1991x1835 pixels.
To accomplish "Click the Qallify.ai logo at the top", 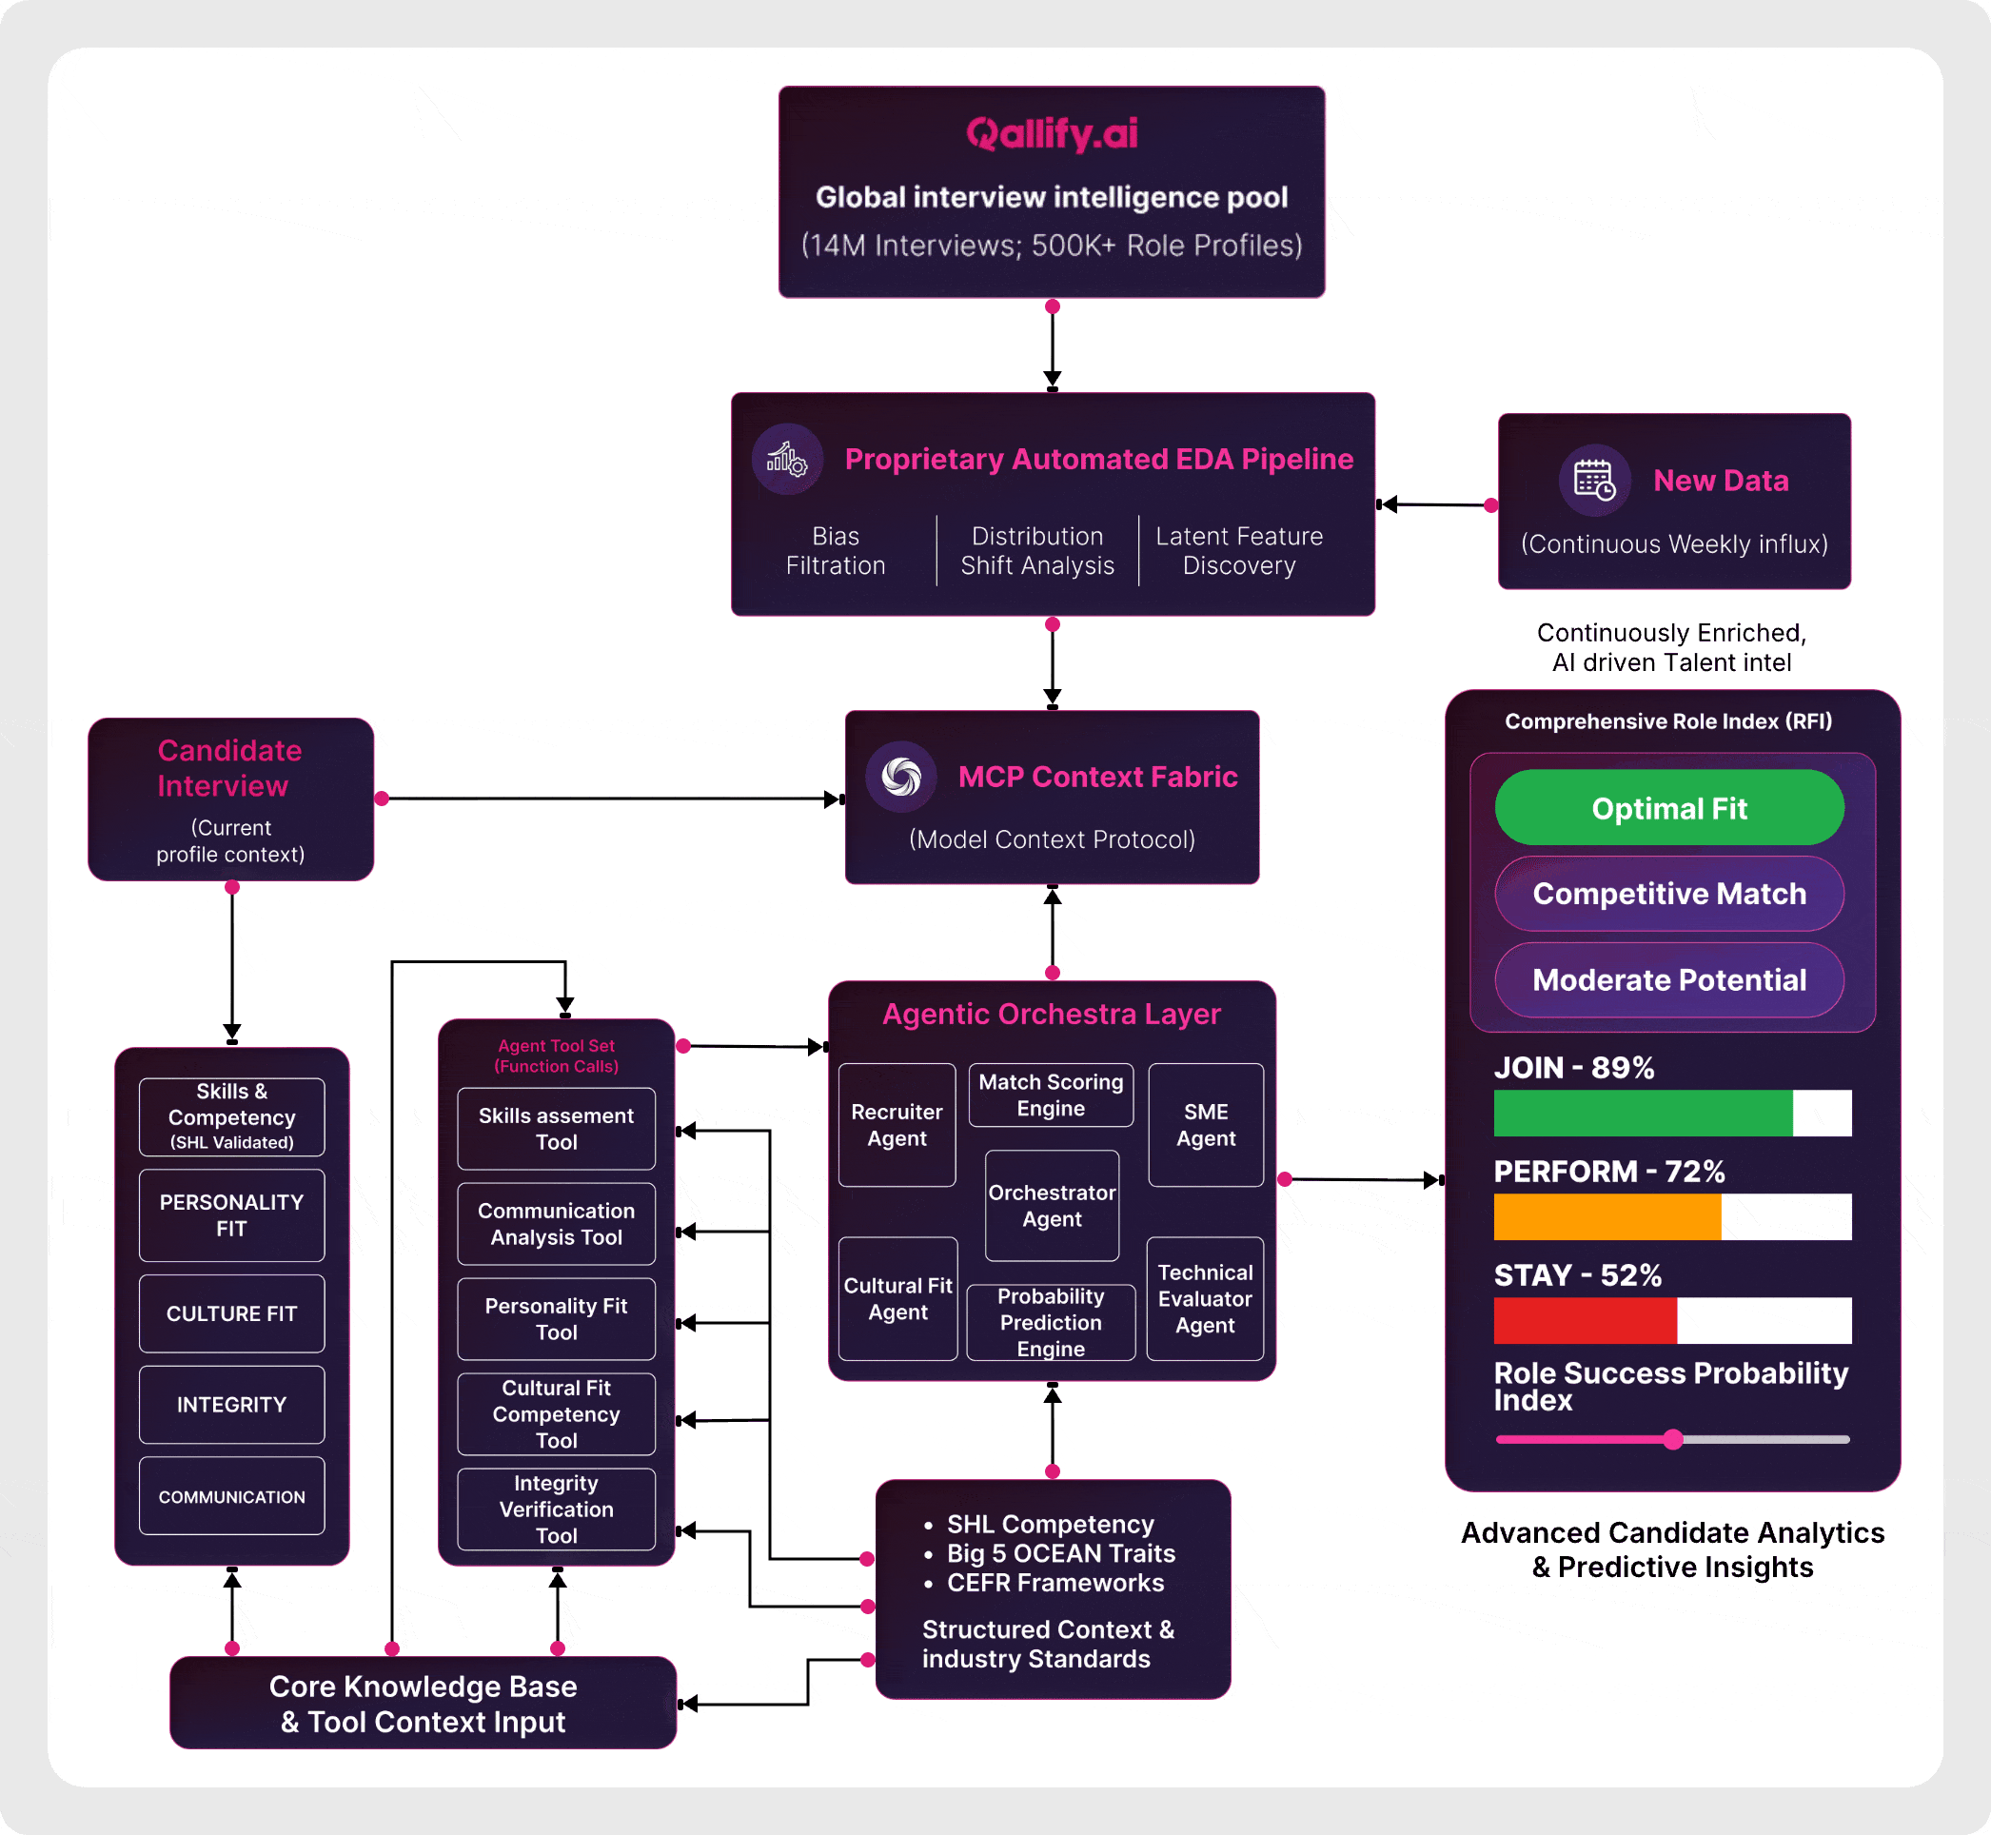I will [1052, 134].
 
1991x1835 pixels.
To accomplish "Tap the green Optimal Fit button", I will [1668, 808].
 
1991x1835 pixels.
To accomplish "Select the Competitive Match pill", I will [1668, 894].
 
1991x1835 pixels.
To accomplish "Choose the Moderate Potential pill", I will [1668, 980].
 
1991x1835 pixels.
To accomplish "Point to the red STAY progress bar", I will [1585, 1321].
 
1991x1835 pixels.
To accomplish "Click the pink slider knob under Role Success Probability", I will [1673, 1439].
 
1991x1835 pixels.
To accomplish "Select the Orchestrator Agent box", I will [1052, 1206].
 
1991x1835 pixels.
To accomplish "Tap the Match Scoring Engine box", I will [1051, 1095].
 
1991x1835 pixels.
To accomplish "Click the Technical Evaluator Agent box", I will [1205, 1299].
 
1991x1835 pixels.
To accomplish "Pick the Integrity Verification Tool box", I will [556, 1509].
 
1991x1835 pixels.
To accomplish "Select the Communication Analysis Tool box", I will [556, 1224].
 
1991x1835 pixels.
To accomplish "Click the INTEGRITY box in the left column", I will [231, 1405].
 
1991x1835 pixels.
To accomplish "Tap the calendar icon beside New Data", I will [1595, 481].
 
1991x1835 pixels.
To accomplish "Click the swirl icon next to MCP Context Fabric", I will [900, 777].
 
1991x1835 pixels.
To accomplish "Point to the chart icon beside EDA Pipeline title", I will [786, 459].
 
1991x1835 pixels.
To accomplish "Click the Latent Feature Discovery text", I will [1238, 551].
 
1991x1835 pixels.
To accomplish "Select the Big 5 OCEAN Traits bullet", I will [1059, 1554].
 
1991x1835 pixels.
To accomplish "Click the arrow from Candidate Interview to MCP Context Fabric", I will [605, 799].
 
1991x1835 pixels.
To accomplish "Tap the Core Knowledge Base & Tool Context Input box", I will [423, 1703].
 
